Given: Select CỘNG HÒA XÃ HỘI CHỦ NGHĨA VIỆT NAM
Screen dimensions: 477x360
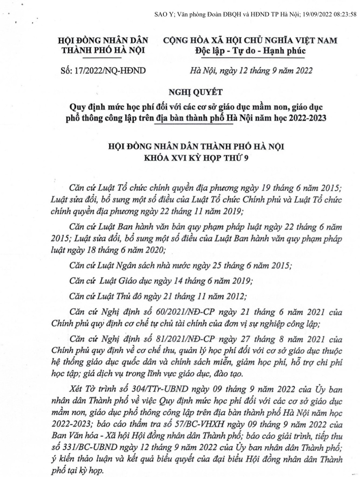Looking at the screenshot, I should [250, 40].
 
